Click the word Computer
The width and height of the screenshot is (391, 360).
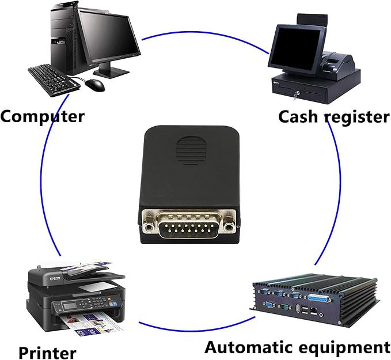click(x=43, y=116)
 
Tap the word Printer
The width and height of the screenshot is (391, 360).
click(x=47, y=353)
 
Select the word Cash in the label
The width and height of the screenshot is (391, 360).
click(x=300, y=116)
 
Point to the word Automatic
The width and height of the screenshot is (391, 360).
click(x=253, y=347)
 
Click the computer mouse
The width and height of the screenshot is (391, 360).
click(x=95, y=85)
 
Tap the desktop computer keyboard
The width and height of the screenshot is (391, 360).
click(x=54, y=81)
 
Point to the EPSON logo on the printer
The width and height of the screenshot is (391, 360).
click(x=55, y=279)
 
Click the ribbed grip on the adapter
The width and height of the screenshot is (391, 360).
click(x=192, y=150)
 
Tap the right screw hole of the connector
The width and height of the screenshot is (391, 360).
click(x=228, y=228)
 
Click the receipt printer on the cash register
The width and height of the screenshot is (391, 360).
click(x=337, y=63)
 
